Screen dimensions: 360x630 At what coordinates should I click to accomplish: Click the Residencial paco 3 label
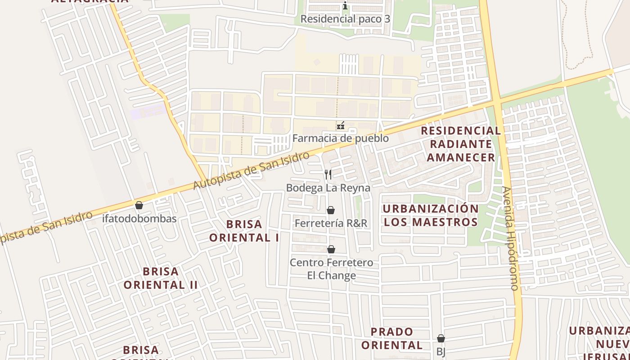tap(345, 19)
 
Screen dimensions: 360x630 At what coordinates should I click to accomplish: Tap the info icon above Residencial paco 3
tap(345, 6)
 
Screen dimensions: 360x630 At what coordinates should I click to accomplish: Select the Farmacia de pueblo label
tap(341, 138)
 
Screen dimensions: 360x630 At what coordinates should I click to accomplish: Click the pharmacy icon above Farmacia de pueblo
tap(341, 126)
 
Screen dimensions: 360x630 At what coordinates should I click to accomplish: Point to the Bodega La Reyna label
tap(328, 188)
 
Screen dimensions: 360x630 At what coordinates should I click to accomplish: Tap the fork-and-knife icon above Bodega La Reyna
tap(328, 175)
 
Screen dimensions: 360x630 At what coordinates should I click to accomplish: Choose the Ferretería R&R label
tap(331, 223)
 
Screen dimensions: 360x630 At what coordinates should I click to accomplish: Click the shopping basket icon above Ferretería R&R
tap(331, 210)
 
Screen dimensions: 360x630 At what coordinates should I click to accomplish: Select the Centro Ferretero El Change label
tap(331, 269)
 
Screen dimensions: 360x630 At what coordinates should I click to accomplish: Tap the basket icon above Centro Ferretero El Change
tap(331, 249)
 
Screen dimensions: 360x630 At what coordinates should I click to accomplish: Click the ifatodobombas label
tap(139, 219)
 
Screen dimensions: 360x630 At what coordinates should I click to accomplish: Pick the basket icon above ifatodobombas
tap(139, 206)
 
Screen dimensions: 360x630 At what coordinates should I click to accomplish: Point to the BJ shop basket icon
tap(441, 338)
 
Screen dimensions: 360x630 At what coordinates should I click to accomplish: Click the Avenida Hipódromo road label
tap(511, 238)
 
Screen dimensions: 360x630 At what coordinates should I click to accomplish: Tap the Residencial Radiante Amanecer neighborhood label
tap(461, 144)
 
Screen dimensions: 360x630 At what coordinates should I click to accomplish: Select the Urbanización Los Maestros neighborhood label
tap(431, 215)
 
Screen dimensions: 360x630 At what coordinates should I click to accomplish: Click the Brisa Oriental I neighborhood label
tap(244, 231)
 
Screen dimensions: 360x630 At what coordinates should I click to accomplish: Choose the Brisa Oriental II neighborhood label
tap(161, 278)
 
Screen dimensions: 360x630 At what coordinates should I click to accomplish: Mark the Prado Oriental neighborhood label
tap(392, 338)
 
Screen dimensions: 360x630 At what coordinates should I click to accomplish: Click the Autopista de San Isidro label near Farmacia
tap(252, 171)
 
